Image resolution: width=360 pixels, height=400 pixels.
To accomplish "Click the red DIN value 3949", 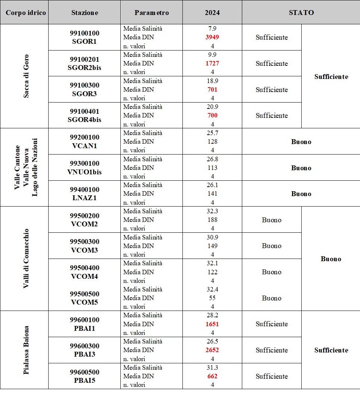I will [212, 37].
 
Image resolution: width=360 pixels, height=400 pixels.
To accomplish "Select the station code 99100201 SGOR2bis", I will [84, 63].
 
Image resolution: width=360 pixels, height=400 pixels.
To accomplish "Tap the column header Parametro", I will [151, 12].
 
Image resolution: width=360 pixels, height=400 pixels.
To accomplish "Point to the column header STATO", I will [301, 12].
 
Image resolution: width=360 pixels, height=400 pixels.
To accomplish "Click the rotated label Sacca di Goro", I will [26, 76].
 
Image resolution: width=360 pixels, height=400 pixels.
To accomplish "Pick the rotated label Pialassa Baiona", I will [26, 350].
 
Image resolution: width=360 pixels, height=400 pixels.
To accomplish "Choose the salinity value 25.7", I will [212, 133].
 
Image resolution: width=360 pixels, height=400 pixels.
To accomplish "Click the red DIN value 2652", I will [212, 350].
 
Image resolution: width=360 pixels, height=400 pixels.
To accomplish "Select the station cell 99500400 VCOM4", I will [84, 272].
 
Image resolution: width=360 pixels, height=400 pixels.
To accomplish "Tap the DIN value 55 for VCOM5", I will [212, 298].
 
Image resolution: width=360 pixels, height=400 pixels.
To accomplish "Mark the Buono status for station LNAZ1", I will [301, 194].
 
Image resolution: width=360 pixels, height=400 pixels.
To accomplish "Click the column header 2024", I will [212, 12].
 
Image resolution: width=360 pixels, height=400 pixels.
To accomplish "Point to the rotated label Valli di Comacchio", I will [26, 258].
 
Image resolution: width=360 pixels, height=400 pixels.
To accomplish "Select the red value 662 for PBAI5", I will [212, 376].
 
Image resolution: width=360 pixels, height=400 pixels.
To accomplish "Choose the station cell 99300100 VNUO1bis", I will [84, 168].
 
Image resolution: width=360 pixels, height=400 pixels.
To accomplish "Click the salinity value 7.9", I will [212, 28].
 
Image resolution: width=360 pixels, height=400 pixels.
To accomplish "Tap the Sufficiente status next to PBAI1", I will [271, 324].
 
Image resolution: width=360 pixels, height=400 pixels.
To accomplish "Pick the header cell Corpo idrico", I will [26, 12].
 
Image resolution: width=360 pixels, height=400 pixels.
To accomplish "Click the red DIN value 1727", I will [212, 63].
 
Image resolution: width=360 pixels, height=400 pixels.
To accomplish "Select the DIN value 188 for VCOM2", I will [212, 220].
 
